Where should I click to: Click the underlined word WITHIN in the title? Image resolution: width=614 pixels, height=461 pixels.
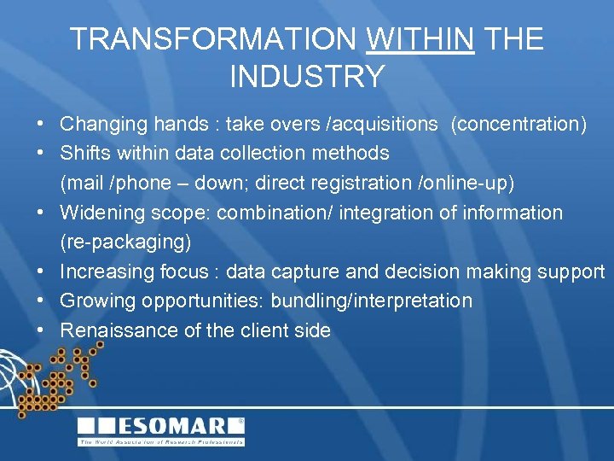(x=420, y=39)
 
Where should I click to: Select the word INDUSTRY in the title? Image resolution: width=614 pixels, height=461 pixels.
(x=307, y=77)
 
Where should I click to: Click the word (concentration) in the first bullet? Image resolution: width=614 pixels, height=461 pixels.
(x=518, y=125)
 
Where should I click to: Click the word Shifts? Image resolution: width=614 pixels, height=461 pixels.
(x=83, y=154)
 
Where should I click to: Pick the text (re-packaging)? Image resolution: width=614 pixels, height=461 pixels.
(x=125, y=242)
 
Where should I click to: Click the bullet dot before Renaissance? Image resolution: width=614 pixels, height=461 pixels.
(x=41, y=330)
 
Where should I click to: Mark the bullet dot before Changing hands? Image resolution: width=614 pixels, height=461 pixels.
(x=41, y=125)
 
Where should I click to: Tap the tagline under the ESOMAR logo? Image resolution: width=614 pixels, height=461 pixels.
(x=161, y=442)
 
